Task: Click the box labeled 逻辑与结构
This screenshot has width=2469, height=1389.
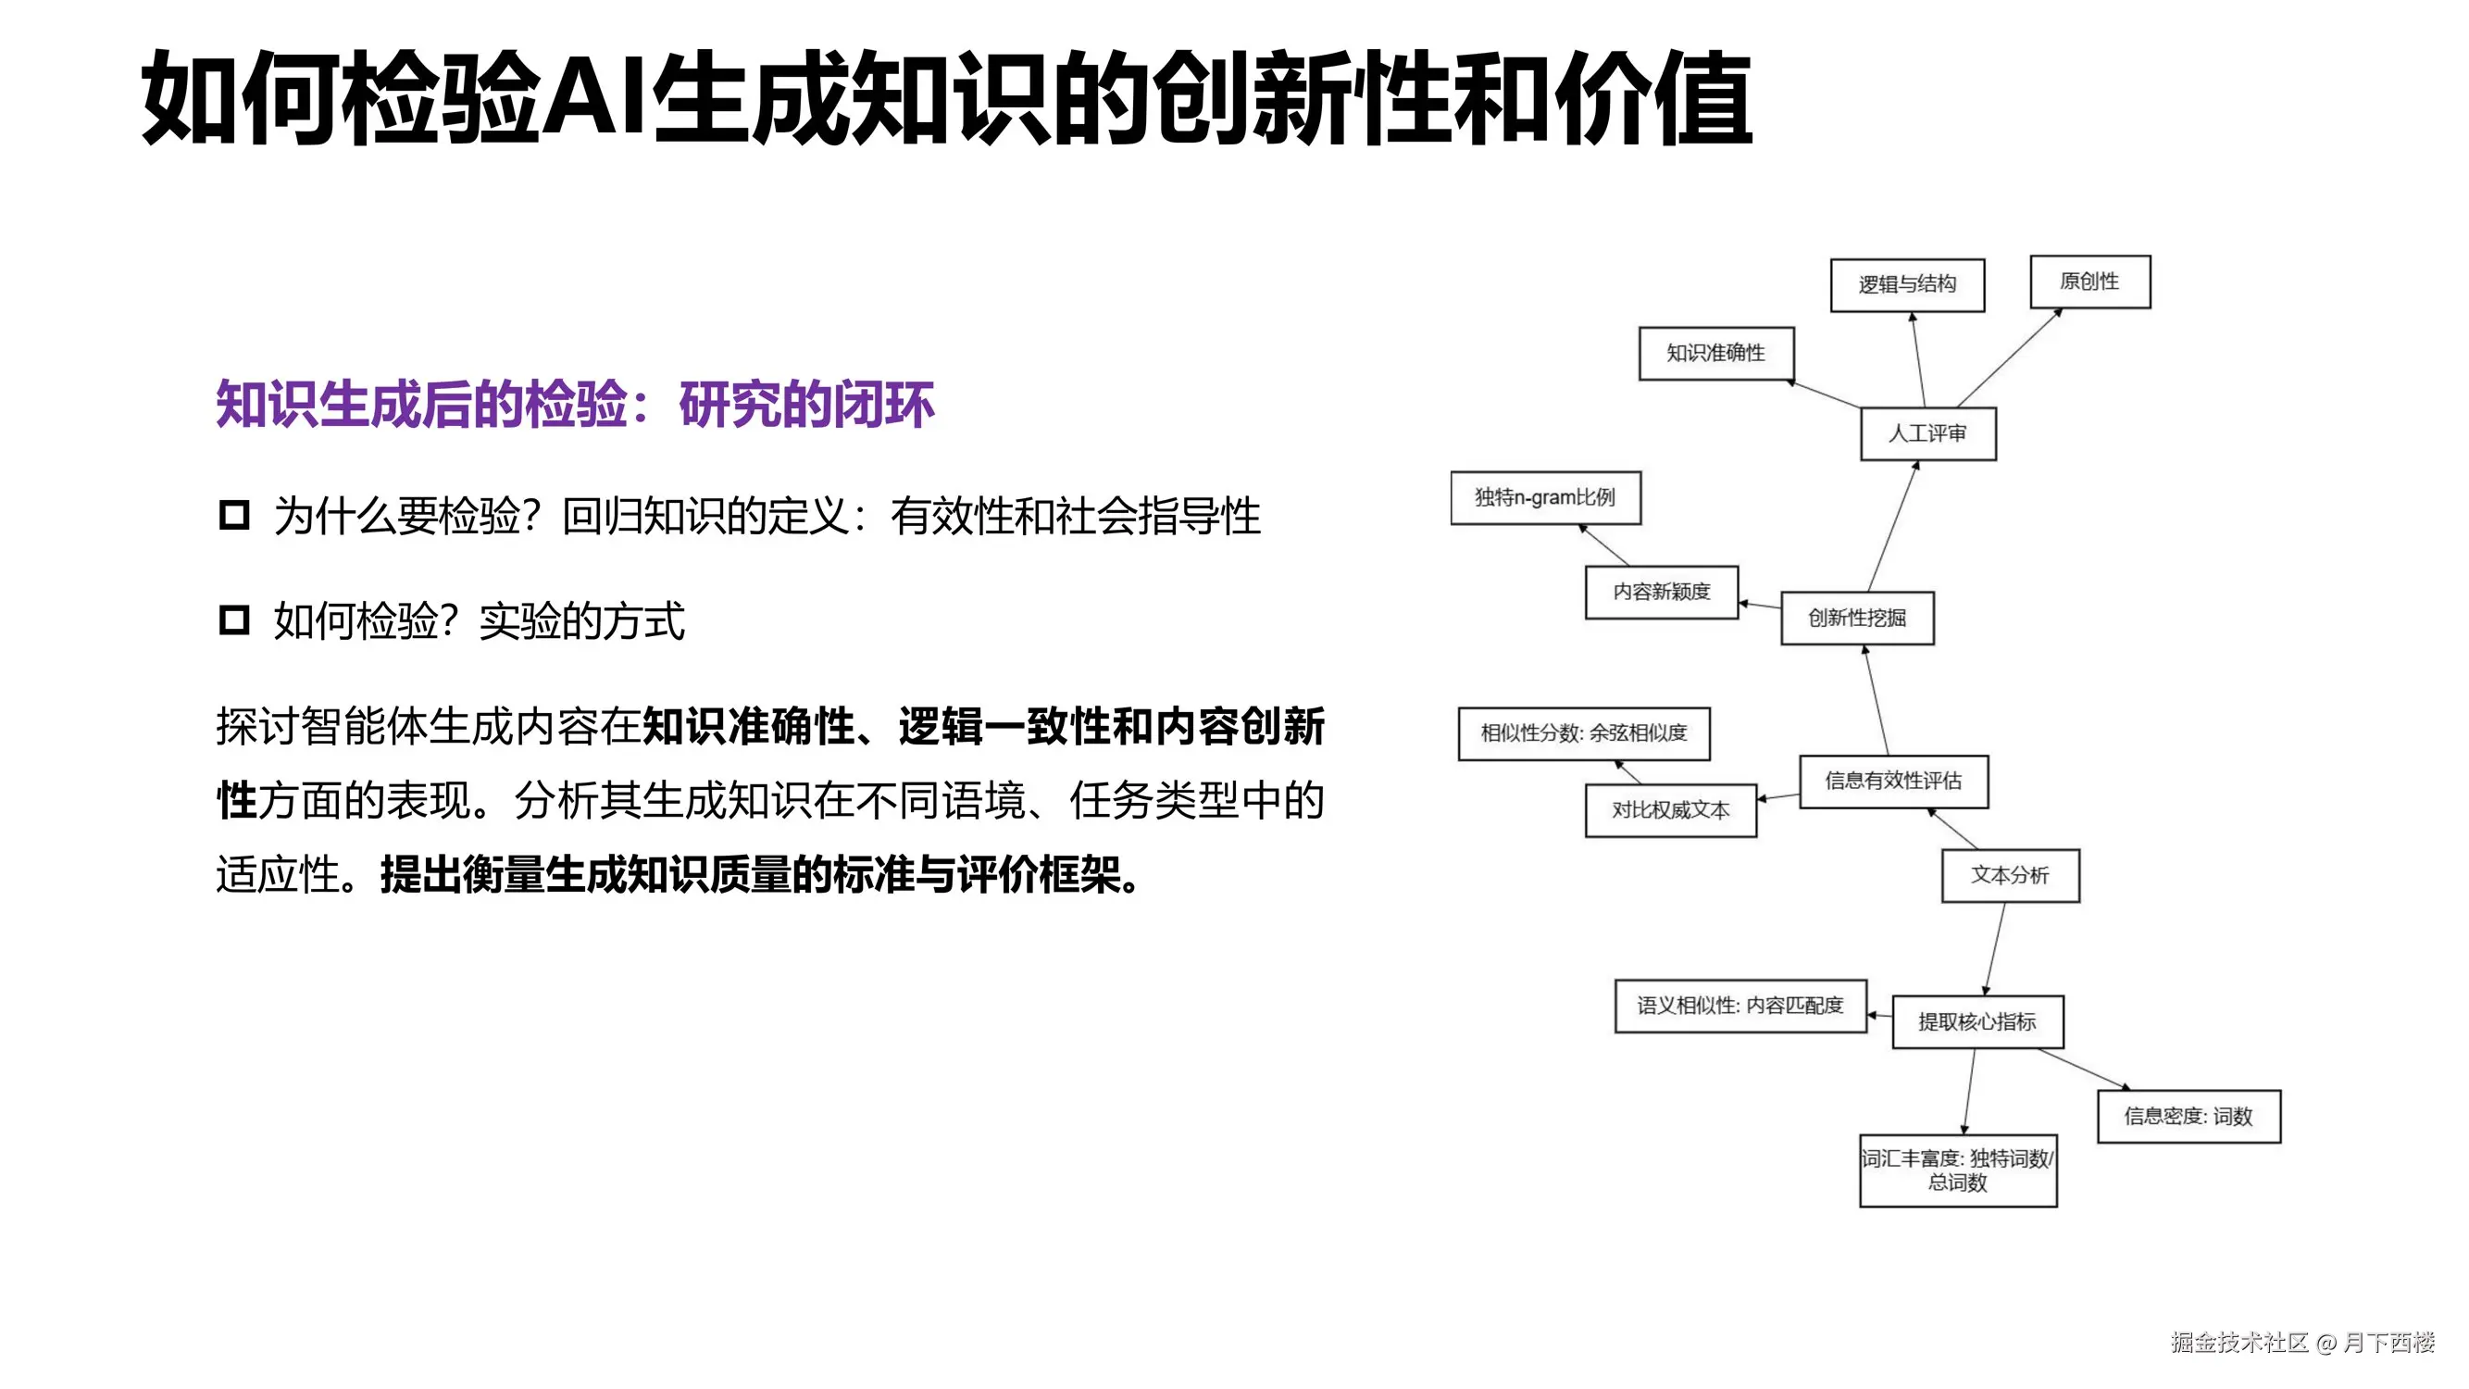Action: (x=1906, y=284)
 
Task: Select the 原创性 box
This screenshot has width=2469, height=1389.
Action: (x=2089, y=282)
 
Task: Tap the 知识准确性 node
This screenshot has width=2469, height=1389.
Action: (x=1715, y=353)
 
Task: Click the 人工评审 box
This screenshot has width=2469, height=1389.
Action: (x=1927, y=433)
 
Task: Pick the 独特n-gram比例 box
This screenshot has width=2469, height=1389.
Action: (x=1545, y=497)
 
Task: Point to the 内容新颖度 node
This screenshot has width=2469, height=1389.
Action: (x=1661, y=592)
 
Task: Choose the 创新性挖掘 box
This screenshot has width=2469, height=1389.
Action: (x=1856, y=619)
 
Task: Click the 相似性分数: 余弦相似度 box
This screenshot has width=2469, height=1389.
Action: (x=1583, y=733)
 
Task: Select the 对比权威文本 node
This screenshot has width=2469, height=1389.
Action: (x=1671, y=810)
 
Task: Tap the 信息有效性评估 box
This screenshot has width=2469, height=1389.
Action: (x=1893, y=782)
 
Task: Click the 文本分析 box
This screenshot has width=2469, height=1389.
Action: (x=2010, y=875)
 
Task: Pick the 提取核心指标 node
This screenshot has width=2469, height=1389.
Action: (x=1977, y=1022)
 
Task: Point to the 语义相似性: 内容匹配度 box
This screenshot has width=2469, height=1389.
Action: (x=1740, y=1006)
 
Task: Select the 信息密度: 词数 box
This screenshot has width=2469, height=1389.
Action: (x=2188, y=1116)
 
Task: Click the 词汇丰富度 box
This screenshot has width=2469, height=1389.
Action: (x=1957, y=1170)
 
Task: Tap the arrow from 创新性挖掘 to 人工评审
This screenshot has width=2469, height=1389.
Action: (x=1893, y=527)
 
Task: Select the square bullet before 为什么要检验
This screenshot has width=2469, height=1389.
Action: (x=234, y=516)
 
